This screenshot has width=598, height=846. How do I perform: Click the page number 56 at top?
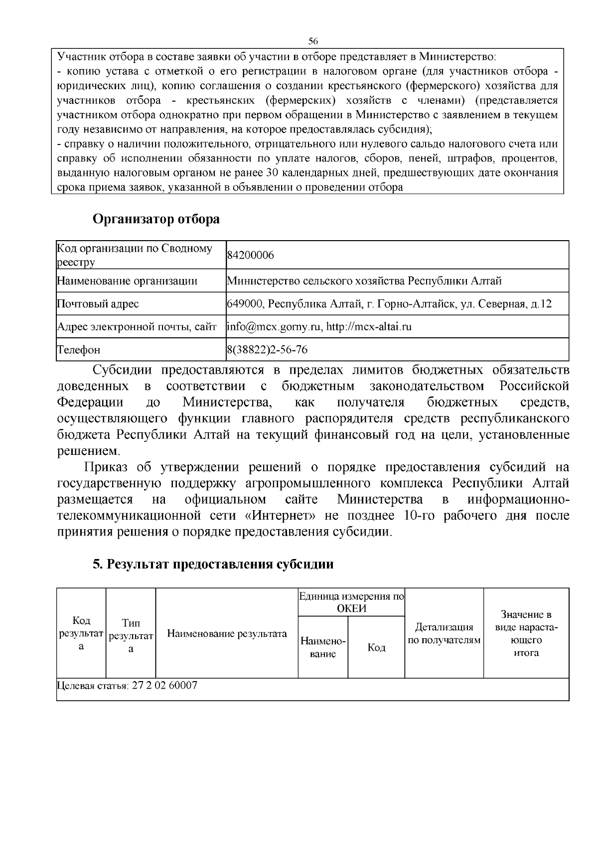click(313, 40)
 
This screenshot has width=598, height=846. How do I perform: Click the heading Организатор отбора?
click(156, 219)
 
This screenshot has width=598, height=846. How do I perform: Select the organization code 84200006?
click(251, 256)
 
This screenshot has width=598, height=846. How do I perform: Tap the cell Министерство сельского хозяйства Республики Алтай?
click(364, 281)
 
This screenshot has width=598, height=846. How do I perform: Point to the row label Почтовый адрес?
click(98, 304)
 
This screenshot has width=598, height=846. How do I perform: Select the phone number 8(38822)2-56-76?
click(267, 350)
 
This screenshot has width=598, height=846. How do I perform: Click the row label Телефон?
click(79, 350)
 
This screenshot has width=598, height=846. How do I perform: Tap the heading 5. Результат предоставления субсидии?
click(213, 564)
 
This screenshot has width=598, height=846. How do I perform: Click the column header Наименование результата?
click(227, 634)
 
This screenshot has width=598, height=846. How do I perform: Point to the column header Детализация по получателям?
click(444, 633)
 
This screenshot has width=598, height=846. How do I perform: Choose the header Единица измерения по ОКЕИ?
click(351, 602)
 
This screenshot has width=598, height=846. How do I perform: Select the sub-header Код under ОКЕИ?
click(376, 647)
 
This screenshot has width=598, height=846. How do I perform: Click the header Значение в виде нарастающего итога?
click(526, 633)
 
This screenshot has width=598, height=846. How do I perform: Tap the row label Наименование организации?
click(127, 281)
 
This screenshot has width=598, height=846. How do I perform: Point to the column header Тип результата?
click(131, 636)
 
